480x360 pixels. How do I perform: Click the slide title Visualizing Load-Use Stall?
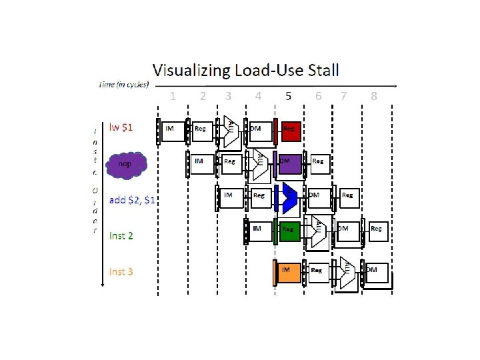pyautogui.click(x=245, y=69)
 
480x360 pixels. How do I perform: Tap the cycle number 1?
pyautogui.click(x=173, y=96)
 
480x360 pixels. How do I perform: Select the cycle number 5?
pyautogui.click(x=288, y=96)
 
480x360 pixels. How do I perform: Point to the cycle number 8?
pyautogui.click(x=374, y=96)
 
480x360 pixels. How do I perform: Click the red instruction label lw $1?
pyautogui.click(x=121, y=127)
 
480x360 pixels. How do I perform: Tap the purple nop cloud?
pyautogui.click(x=123, y=164)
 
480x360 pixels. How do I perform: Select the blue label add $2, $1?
pyautogui.click(x=132, y=199)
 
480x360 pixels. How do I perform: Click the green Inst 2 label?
pyautogui.click(x=121, y=235)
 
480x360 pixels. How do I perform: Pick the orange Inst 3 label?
pyautogui.click(x=121, y=271)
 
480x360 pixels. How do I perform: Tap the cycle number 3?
pyautogui.click(x=229, y=96)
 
